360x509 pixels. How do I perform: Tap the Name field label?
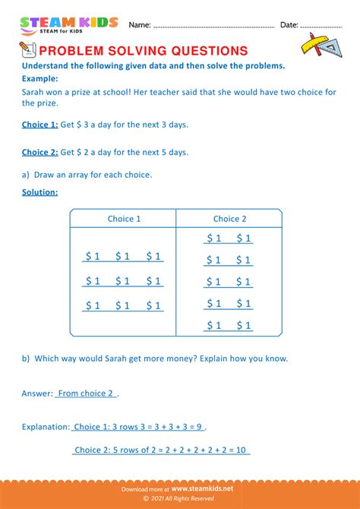pos(139,25)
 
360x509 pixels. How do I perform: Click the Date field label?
pos(289,25)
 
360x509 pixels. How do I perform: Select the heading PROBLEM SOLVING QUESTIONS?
pos(143,51)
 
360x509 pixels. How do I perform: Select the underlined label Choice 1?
pos(40,124)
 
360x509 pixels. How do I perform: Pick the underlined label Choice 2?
pos(40,152)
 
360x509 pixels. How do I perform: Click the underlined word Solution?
pos(39,192)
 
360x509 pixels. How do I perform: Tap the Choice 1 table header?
pos(124,219)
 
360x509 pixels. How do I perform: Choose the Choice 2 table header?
pos(229,219)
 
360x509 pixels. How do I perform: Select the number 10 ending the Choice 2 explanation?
pos(243,450)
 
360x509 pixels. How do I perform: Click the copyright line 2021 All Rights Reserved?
pos(182,500)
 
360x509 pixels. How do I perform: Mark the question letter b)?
pos(27,358)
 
